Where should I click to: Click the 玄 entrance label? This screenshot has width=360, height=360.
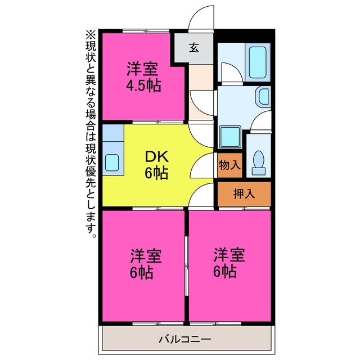(x=194, y=48)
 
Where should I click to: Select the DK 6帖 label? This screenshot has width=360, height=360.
(x=156, y=164)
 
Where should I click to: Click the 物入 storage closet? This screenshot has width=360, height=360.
(x=230, y=165)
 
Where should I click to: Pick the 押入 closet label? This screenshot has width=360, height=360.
(x=244, y=194)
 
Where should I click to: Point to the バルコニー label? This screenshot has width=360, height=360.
(x=185, y=339)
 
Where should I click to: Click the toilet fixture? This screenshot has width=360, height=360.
(x=259, y=163)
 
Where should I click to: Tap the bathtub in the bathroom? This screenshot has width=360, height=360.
(x=258, y=62)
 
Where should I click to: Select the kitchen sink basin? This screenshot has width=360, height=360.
(x=112, y=163)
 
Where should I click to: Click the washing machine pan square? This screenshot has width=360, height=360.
(x=230, y=137)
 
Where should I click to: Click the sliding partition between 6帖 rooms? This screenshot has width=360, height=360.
(x=187, y=265)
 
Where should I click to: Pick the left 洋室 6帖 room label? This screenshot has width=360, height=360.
(x=146, y=263)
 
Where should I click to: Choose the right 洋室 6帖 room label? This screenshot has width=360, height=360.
(x=229, y=262)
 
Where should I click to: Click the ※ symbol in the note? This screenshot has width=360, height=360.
(x=91, y=35)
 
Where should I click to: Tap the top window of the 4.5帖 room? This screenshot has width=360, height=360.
(x=146, y=30)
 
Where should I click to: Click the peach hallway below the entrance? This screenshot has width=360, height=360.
(x=201, y=92)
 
